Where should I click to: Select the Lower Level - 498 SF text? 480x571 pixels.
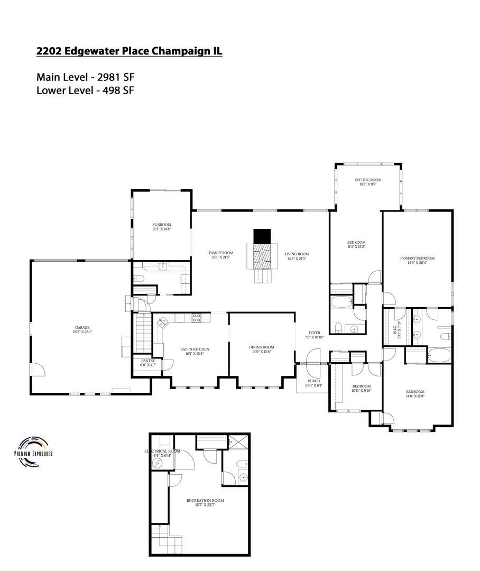click(85, 90)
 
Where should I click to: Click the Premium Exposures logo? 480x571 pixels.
click(33, 452)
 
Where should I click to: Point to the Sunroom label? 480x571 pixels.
click(161, 227)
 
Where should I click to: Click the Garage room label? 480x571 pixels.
click(82, 330)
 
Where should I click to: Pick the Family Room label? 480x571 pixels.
click(220, 255)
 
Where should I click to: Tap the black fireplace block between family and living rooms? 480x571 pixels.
click(262, 236)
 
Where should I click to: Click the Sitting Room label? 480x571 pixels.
click(367, 182)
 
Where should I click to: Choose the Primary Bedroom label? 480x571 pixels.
click(417, 260)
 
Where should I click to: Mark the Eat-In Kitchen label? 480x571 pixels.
click(195, 352)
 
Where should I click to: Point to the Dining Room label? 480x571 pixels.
click(262, 349)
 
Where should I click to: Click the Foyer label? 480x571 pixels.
click(314, 335)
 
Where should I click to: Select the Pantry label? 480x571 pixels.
click(148, 363)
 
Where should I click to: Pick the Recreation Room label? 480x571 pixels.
click(205, 502)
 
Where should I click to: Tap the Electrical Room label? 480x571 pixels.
click(163, 453)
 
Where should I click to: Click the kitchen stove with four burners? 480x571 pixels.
click(196, 318)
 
